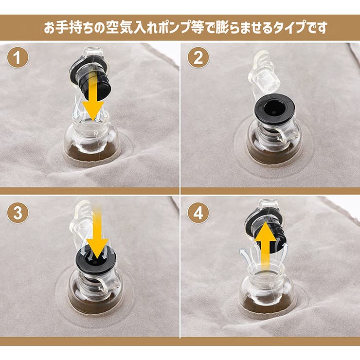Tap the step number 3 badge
(18, 213)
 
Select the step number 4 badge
(198, 213)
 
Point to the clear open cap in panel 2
(263, 73)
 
